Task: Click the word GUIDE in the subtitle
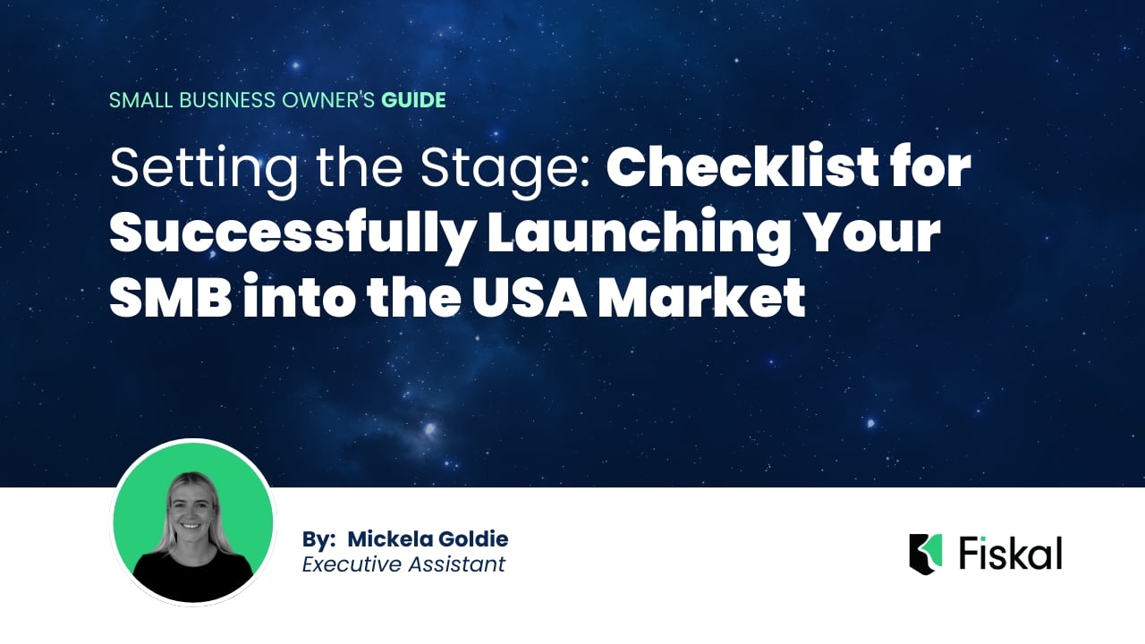pos(413,100)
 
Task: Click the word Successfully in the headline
pos(292,234)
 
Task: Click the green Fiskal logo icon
pos(926,554)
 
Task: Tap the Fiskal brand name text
pos(1010,554)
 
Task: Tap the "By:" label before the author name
pos(318,539)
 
